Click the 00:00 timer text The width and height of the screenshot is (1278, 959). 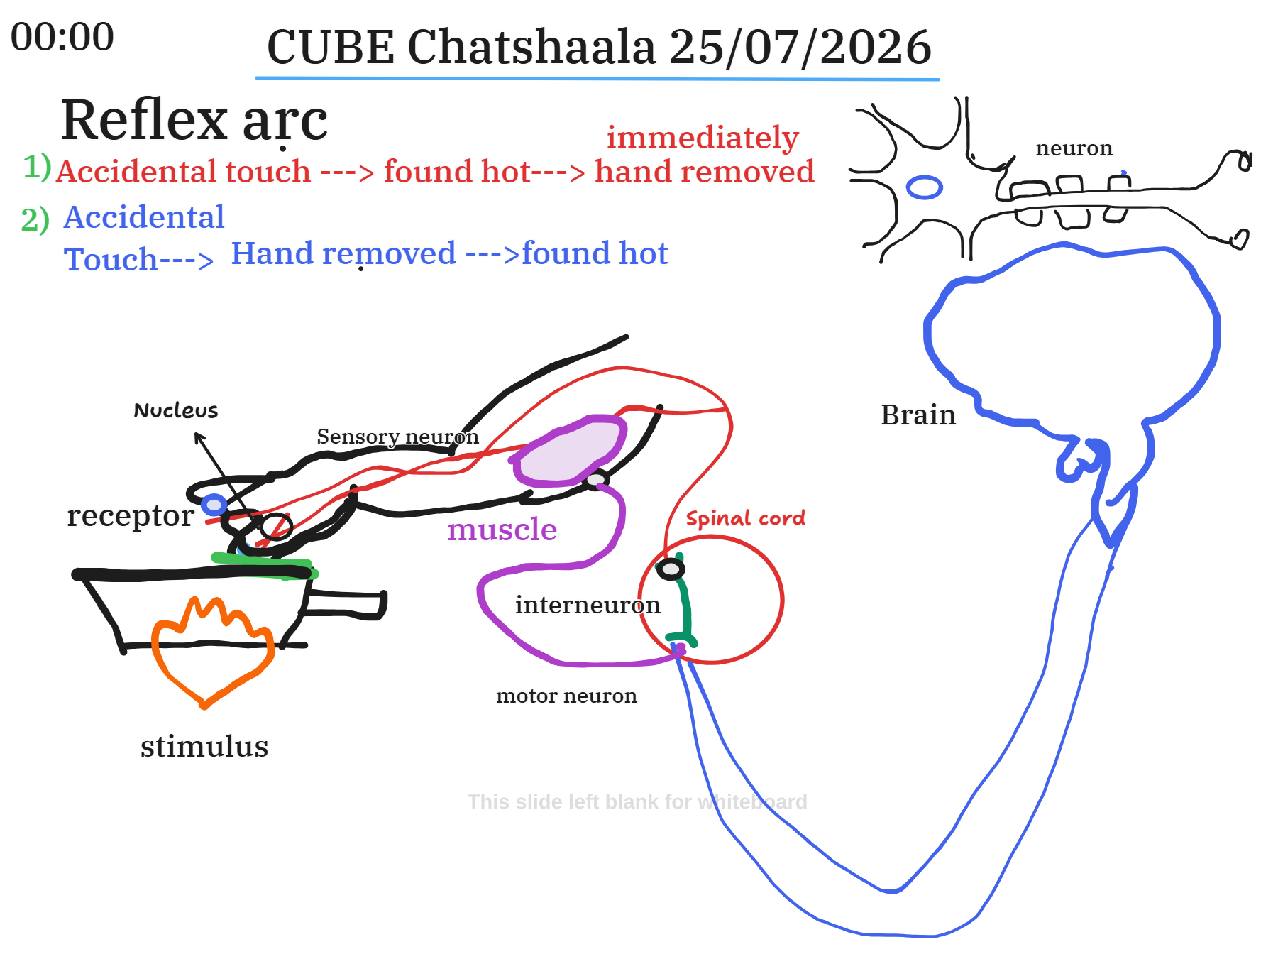pyautogui.click(x=62, y=37)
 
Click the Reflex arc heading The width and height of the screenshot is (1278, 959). pyautogui.click(x=194, y=120)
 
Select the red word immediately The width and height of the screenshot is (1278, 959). pyautogui.click(x=703, y=138)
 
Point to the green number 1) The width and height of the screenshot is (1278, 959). pyautogui.click(x=38, y=167)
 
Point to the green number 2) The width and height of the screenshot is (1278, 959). pyautogui.click(x=35, y=219)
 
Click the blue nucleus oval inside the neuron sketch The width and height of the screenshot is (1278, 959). pyautogui.click(x=925, y=187)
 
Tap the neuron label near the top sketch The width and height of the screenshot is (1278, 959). pyautogui.click(x=1074, y=148)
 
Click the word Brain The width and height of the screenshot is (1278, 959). pyautogui.click(x=918, y=415)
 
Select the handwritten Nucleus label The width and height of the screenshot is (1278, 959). pyautogui.click(x=176, y=410)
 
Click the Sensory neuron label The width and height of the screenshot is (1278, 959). pyautogui.click(x=397, y=437)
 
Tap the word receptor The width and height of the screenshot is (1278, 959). pyautogui.click(x=131, y=516)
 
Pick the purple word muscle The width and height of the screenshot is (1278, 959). pyautogui.click(x=502, y=530)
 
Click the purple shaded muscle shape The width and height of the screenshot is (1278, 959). pyautogui.click(x=568, y=451)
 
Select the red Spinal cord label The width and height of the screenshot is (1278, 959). pyautogui.click(x=746, y=518)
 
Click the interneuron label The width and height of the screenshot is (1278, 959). pyautogui.click(x=588, y=605)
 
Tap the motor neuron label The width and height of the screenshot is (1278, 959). pyautogui.click(x=566, y=696)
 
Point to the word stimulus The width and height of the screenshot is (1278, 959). pyautogui.click(x=204, y=747)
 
